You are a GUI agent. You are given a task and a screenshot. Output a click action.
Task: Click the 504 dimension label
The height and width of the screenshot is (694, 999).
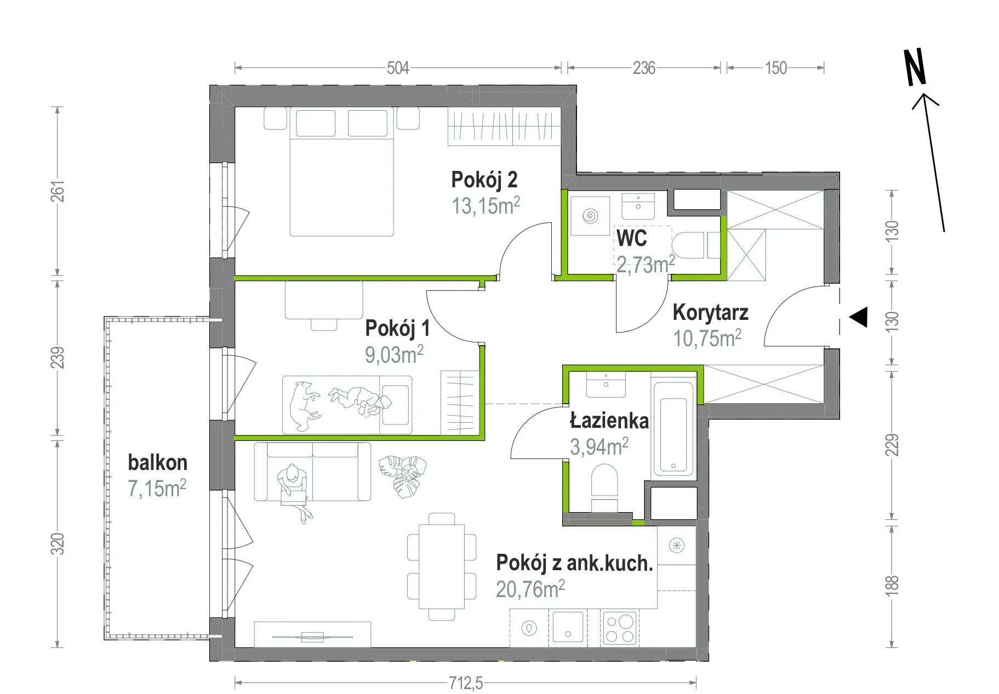(398, 68)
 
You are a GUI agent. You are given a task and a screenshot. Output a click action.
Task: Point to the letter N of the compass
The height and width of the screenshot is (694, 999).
(915, 67)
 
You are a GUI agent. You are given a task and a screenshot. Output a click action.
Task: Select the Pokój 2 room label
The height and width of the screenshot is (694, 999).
(484, 179)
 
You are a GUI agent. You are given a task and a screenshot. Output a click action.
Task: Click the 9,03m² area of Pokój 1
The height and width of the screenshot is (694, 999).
(394, 354)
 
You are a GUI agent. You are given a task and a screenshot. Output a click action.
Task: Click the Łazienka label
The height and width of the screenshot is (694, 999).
(609, 421)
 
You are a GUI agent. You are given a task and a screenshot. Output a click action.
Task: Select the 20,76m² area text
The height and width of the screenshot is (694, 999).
(530, 589)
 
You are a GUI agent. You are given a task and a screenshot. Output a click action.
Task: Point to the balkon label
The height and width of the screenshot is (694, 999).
(158, 463)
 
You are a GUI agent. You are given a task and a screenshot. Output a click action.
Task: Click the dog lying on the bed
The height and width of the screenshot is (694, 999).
(303, 404)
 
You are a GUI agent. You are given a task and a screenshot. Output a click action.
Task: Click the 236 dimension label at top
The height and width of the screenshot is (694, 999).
(644, 68)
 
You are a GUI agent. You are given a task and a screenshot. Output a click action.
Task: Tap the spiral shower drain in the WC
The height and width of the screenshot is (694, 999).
(590, 216)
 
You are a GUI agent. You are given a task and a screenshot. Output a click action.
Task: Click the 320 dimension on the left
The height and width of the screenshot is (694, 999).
(58, 543)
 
